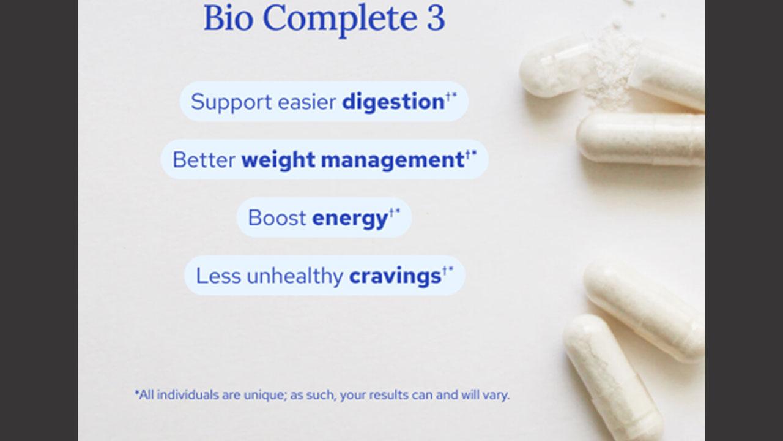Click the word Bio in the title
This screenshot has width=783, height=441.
228,18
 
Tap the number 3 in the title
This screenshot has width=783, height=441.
436,18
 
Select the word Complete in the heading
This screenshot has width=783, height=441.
340,19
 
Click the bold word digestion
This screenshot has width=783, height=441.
393,102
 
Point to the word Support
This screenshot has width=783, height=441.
231,102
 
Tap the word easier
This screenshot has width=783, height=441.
307,102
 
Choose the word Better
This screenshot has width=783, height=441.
204,160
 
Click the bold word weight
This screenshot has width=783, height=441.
278,160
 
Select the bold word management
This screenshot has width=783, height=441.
393,160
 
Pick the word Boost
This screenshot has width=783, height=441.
277,217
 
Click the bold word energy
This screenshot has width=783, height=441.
350,219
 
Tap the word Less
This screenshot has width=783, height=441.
218,276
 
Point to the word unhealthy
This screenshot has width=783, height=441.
295,276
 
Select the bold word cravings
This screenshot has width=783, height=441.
395,276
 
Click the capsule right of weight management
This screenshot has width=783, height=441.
640,139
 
